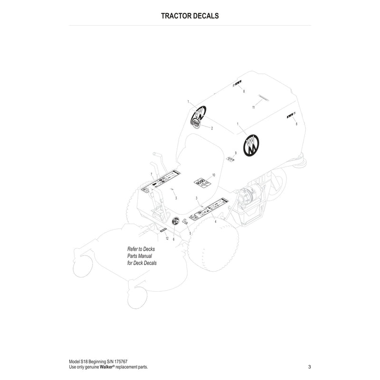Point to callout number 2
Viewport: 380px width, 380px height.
click(x=212, y=129)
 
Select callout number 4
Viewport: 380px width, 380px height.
click(x=215, y=221)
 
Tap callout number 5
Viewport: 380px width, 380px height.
click(x=190, y=233)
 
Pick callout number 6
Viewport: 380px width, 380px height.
click(x=173, y=239)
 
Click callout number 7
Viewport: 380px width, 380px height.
click(x=151, y=175)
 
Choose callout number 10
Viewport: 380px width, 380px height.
click(x=214, y=175)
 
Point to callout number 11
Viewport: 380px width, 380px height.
click(x=254, y=107)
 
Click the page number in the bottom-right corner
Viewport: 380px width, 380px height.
click(x=309, y=366)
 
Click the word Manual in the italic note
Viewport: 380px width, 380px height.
click(x=144, y=256)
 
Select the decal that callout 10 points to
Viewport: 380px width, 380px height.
click(x=201, y=181)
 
